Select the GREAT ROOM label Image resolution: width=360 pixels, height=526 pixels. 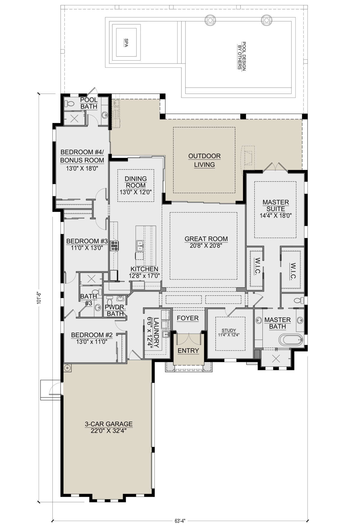click(206, 239)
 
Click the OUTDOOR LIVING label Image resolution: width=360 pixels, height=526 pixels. click(204, 160)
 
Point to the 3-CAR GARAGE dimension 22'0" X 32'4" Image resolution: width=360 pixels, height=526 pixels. click(109, 431)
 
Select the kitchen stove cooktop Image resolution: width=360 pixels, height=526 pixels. click(115, 246)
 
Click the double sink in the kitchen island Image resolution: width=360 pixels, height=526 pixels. click(139, 246)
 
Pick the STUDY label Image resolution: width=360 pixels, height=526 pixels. click(229, 330)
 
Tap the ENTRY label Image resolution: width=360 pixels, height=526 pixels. click(188, 351)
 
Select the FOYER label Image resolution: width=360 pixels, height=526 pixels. click(188, 318)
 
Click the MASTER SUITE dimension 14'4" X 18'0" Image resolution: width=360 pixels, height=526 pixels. click(276, 216)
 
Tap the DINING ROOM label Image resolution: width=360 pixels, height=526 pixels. click(136, 182)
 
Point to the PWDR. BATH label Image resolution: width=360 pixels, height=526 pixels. click(115, 310)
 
